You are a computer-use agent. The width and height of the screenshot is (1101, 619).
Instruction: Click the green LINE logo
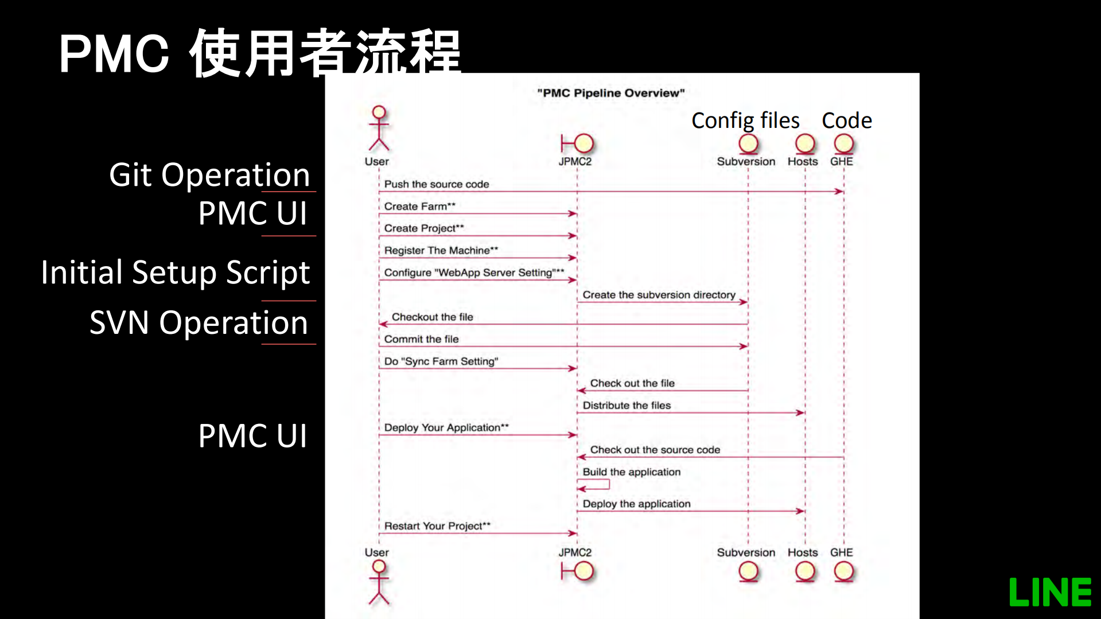coord(1050,592)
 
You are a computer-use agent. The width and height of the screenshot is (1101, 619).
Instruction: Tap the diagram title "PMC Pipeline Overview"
coord(610,93)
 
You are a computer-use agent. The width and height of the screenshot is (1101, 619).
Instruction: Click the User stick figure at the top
coord(379,128)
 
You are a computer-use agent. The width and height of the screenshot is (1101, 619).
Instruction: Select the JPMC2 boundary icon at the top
coord(577,143)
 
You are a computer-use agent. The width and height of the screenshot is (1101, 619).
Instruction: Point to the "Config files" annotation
coord(745,120)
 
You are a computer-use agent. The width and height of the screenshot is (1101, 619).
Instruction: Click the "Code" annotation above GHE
coord(846,120)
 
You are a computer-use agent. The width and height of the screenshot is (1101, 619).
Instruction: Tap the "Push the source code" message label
coord(436,184)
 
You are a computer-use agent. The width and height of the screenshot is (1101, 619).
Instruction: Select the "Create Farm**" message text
coord(419,207)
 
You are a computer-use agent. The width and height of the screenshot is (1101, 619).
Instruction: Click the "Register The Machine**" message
coord(441,251)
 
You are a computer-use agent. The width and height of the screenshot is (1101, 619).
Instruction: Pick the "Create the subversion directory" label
coord(659,295)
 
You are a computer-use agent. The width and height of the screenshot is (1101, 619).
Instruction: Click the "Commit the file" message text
coord(421,339)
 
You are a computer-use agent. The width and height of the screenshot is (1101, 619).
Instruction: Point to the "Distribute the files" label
coord(627,406)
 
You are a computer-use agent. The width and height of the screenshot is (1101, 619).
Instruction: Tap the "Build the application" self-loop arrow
coord(594,485)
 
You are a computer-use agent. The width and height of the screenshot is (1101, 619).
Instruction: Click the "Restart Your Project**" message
coord(437,526)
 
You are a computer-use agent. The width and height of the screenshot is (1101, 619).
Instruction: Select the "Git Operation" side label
coord(209,175)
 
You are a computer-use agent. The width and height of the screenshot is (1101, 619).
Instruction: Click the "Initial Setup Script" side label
coord(175,272)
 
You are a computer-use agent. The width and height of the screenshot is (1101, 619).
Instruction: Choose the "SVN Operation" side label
coord(199,322)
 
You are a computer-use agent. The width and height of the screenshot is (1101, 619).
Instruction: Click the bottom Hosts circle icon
coord(804,571)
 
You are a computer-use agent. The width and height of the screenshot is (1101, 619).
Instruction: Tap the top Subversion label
coord(746,162)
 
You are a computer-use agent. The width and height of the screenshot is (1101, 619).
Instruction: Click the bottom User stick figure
coord(379,582)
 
